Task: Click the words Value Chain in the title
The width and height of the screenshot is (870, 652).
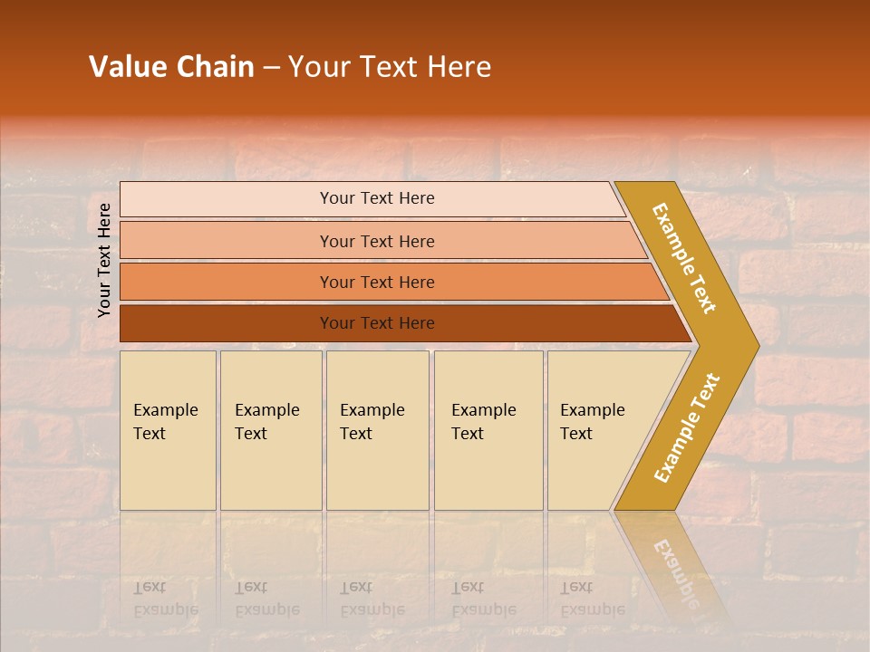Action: (x=171, y=67)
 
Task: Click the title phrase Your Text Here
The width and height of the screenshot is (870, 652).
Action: (x=390, y=67)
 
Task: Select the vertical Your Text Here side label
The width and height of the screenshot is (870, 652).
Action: (x=104, y=260)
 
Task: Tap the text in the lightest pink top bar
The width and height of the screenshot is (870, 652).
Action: (x=377, y=198)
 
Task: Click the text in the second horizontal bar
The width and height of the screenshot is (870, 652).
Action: (x=377, y=241)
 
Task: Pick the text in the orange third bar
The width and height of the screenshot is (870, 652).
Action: (x=377, y=283)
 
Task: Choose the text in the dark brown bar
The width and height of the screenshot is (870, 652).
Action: (x=377, y=323)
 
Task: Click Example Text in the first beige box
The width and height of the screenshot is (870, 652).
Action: (x=165, y=421)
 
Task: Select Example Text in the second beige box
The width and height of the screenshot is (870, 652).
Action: (x=266, y=421)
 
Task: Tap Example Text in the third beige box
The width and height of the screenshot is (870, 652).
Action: (x=372, y=421)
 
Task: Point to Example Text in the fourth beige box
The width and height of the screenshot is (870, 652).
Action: (x=483, y=421)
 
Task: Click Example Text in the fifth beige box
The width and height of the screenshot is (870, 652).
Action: (x=592, y=421)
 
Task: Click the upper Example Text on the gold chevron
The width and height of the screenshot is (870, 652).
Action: (x=685, y=258)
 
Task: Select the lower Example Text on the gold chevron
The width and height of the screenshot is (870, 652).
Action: (x=686, y=428)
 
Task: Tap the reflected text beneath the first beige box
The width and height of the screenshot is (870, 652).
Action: (x=165, y=599)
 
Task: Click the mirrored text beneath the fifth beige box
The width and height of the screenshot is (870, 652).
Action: (x=592, y=599)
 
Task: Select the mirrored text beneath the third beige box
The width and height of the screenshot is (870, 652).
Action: (x=372, y=599)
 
